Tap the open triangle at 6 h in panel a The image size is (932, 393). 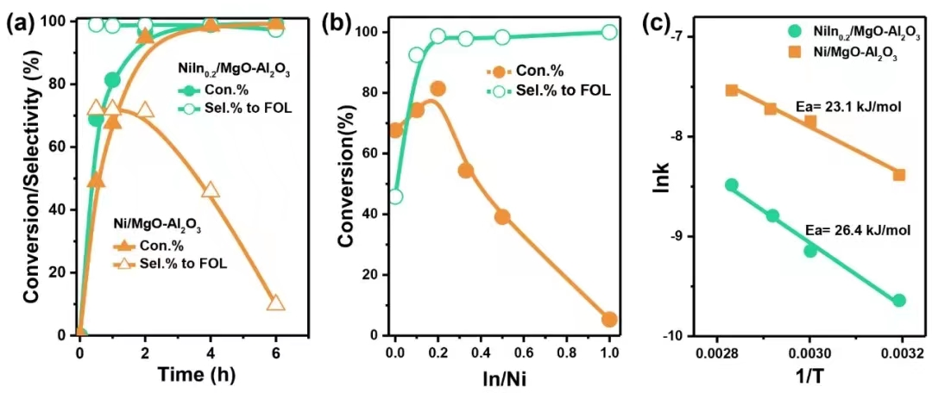(276, 303)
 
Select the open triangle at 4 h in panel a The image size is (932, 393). (211, 190)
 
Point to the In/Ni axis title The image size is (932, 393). (502, 375)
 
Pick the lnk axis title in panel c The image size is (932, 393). (663, 184)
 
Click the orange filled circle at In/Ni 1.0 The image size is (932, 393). (609, 320)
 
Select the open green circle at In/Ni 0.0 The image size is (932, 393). (395, 196)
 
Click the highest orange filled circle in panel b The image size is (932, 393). (438, 89)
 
